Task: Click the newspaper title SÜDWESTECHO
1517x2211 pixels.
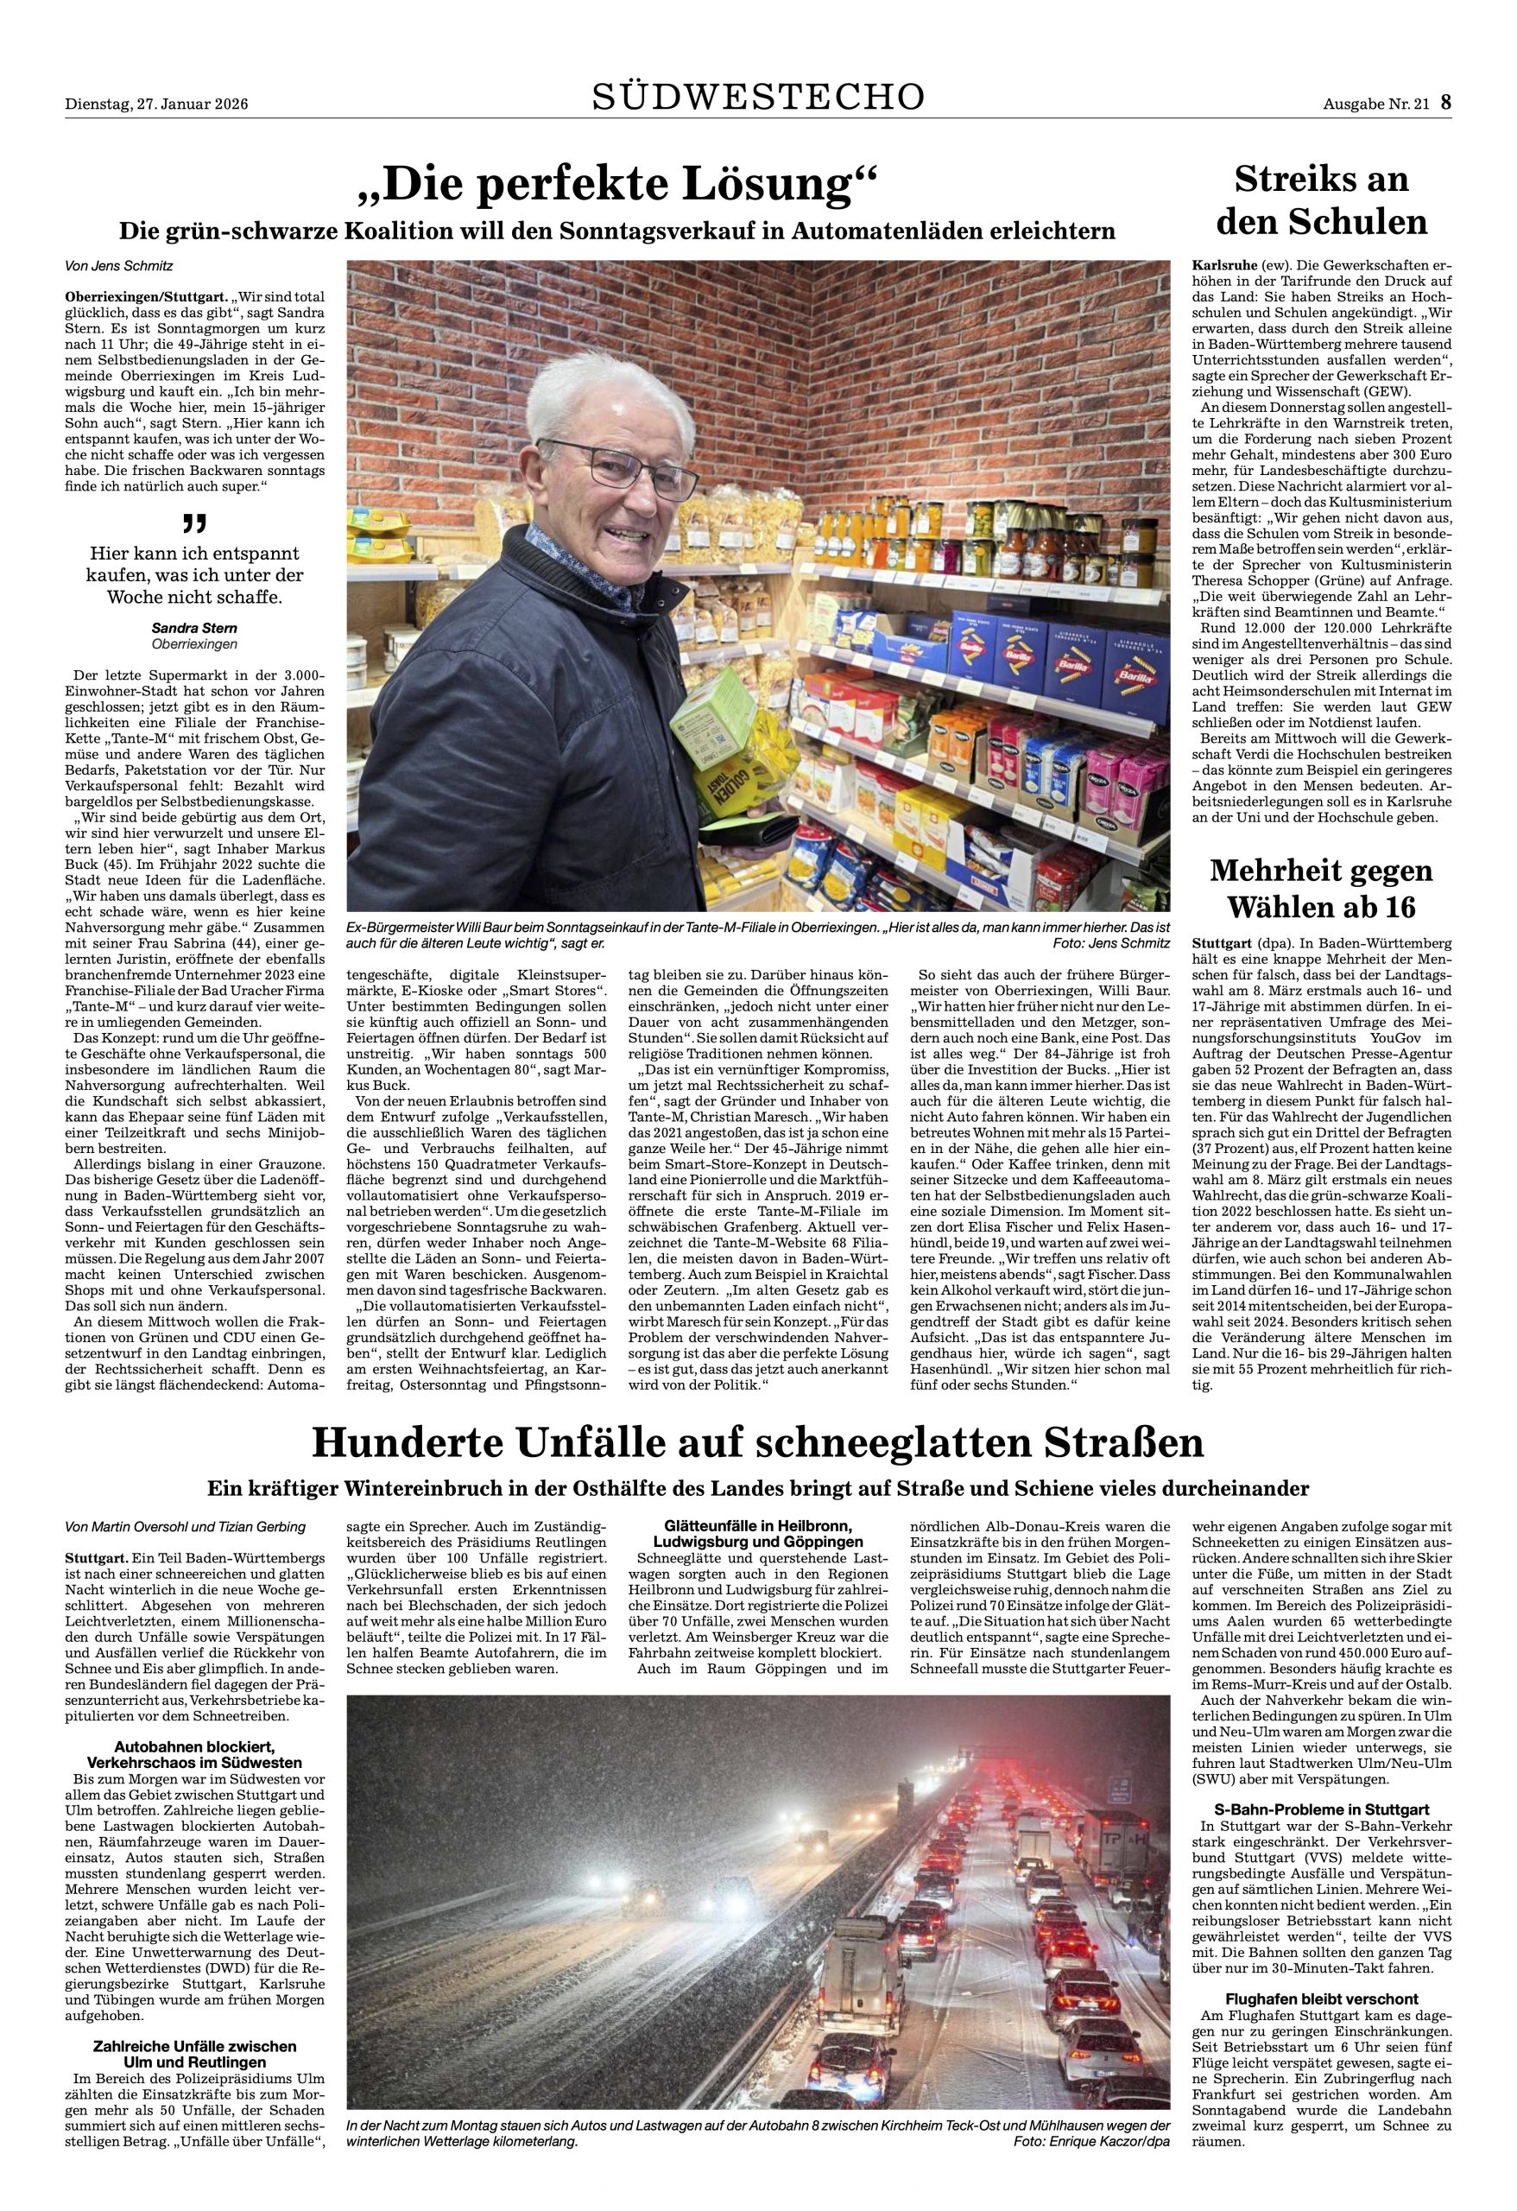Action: tap(758, 97)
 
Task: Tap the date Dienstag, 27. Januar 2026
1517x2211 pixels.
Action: tap(156, 105)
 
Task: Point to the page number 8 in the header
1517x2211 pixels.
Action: tap(1445, 103)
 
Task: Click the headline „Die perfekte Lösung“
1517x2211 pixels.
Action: tap(616, 185)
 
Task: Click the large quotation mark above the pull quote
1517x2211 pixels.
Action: tap(194, 523)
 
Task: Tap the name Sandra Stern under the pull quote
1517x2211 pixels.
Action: tap(195, 628)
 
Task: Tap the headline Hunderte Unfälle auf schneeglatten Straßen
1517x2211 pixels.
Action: tap(758, 1442)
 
